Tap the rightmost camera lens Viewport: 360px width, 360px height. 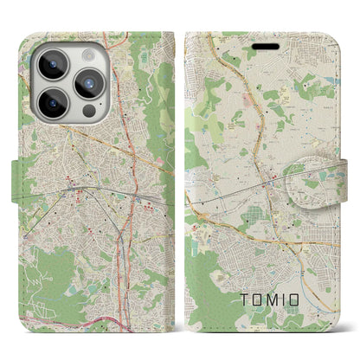tap(89, 83)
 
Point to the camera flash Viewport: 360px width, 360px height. tap(90, 55)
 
